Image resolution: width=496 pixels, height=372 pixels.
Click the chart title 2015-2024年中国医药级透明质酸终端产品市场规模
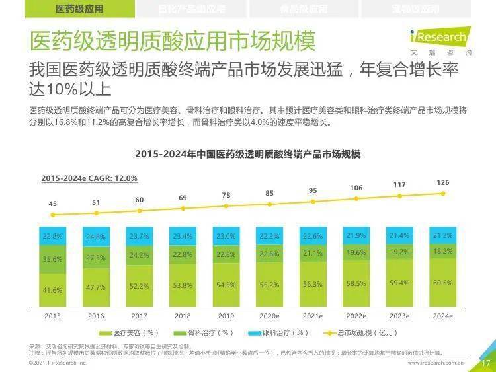coord(248,154)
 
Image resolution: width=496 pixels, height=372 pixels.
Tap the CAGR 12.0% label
coord(89,178)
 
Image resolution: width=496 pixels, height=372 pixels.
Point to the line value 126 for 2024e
coord(443,182)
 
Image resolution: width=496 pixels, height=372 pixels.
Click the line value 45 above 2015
coord(53,204)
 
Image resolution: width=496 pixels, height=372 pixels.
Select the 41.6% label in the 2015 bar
coord(53,290)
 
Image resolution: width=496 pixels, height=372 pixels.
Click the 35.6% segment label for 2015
coord(53,260)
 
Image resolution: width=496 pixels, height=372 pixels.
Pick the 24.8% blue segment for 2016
coord(96,237)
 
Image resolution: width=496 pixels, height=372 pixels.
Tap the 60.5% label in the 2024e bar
coord(443,283)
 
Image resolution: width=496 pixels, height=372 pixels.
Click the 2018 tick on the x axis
coord(183,316)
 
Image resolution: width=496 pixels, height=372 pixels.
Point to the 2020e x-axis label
coord(269,316)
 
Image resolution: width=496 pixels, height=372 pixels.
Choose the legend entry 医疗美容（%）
coord(132,332)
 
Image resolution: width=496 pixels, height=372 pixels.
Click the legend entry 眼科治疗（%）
coord(280,332)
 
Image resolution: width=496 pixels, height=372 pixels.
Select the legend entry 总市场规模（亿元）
coord(364,332)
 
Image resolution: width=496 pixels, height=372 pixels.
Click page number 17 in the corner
coord(484,363)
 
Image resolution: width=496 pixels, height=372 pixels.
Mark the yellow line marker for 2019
coord(226,206)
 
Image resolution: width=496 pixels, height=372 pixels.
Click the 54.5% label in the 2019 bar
coord(226,285)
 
